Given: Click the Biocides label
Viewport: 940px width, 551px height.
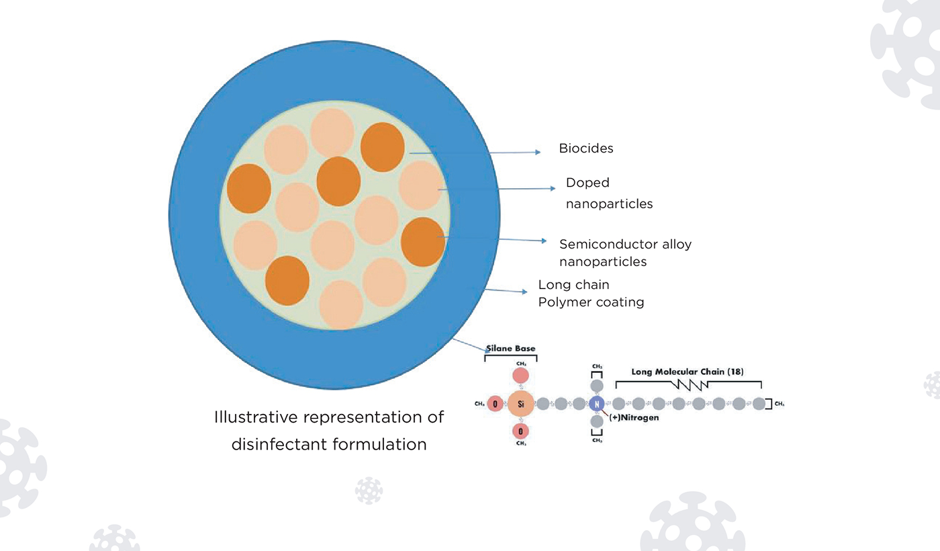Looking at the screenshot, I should coord(586,149).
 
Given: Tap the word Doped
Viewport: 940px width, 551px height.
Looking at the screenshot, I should coord(587,183).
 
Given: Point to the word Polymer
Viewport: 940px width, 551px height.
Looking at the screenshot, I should coord(563,302).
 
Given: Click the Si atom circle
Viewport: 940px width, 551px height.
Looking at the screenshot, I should coord(520,404).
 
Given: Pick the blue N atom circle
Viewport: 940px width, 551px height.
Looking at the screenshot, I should coord(596,404).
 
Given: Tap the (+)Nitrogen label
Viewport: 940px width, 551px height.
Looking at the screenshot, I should coord(634,418).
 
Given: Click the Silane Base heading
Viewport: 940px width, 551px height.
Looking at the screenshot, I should coord(511,349).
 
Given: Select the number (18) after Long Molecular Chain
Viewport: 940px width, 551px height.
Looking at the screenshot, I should coord(734,372).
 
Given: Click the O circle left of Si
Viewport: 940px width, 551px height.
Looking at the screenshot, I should coord(495,404).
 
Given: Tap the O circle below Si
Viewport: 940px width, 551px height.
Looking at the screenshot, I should coord(520,430).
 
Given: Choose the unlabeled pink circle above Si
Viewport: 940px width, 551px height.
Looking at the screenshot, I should coord(520,377).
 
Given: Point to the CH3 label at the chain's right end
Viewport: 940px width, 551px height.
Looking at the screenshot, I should coord(780,404).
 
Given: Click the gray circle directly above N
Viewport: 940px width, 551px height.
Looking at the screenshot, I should coord(596,385).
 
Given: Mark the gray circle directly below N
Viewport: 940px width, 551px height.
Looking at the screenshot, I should coord(596,422).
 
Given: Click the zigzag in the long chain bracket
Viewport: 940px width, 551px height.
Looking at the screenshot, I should coord(691,384).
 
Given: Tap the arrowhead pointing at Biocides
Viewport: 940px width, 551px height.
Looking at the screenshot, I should coord(537,153).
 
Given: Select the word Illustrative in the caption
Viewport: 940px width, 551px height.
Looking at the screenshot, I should coord(255,417).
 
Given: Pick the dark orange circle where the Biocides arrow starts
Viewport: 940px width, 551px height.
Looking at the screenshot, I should coord(383,147).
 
